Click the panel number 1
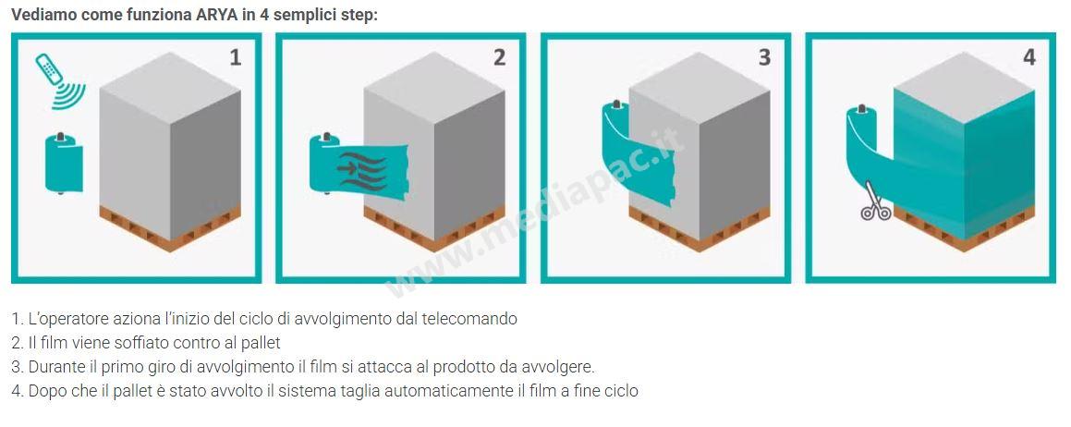click(x=235, y=57)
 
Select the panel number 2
click(x=499, y=57)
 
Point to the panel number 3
click(x=764, y=57)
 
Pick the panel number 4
click(x=1029, y=57)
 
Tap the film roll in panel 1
click(x=64, y=164)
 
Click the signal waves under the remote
click(x=70, y=95)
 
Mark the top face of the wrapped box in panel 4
click(x=965, y=88)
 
